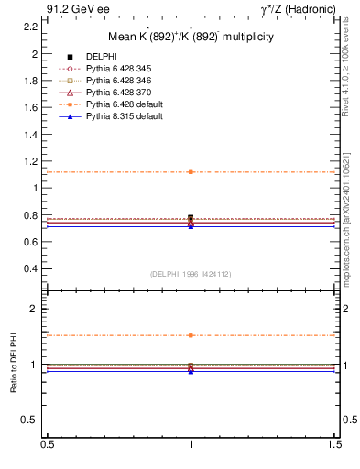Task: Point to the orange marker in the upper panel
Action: (191, 172)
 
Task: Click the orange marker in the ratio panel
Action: (191, 335)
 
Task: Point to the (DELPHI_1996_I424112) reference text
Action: (191, 273)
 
